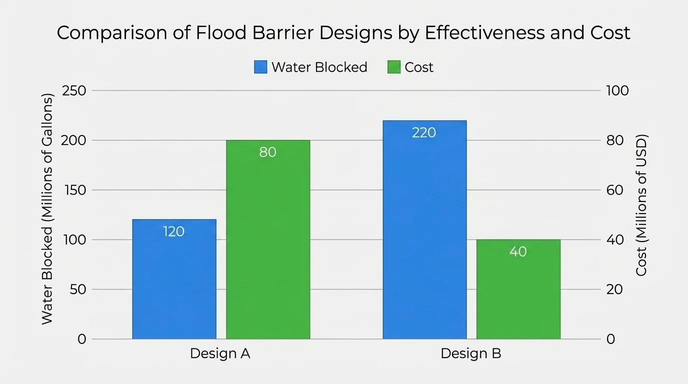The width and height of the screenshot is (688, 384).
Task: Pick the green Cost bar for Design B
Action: [518, 295]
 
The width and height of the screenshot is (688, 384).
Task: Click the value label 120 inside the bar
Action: [174, 231]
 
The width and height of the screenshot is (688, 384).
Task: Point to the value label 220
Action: [424, 132]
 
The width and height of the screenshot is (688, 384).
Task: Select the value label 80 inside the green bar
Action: [268, 152]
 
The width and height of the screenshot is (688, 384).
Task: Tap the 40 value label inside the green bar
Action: [518, 251]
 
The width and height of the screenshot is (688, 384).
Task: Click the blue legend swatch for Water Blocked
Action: [260, 67]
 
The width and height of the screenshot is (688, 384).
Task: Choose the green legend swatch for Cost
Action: [394, 67]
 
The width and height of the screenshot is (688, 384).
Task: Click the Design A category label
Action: [220, 354]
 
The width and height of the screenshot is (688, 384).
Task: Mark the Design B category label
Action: [470, 354]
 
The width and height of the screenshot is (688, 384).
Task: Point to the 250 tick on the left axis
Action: [74, 91]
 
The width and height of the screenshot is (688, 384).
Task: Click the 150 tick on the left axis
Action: [74, 190]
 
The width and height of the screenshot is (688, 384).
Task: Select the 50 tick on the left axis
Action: [77, 289]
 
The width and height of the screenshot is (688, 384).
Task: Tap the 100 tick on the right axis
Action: [617, 91]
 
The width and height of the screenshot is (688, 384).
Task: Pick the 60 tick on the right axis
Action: [614, 190]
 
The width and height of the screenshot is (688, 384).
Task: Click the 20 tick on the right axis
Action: [614, 289]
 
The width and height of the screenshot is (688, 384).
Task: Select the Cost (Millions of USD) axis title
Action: [641, 205]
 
